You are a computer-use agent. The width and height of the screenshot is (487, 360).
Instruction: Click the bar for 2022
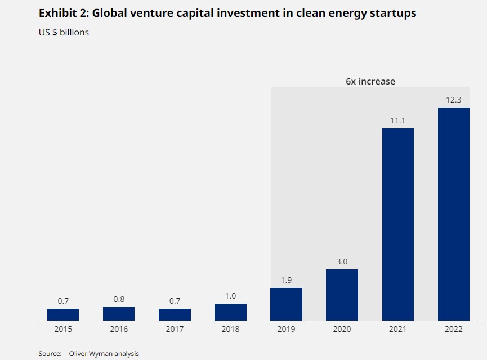(x=453, y=214)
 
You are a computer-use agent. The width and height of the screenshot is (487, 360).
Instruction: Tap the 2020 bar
(x=342, y=295)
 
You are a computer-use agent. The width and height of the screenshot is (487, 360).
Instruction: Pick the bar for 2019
(x=286, y=304)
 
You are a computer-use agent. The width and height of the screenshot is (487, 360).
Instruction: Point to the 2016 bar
(x=119, y=314)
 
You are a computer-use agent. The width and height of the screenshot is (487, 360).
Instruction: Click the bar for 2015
(x=63, y=314)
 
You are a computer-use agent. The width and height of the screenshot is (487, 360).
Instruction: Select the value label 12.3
(x=453, y=100)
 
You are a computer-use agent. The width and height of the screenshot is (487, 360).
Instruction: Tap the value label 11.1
(x=397, y=121)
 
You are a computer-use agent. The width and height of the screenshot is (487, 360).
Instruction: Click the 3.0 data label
(x=342, y=261)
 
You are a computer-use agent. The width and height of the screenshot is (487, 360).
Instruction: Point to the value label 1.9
(x=286, y=280)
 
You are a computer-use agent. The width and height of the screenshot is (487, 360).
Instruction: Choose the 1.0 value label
(x=230, y=296)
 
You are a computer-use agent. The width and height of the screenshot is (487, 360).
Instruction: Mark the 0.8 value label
(x=119, y=299)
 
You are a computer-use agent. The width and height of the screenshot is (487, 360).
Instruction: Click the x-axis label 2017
(x=175, y=329)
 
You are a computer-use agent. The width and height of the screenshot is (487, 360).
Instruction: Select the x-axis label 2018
(x=230, y=329)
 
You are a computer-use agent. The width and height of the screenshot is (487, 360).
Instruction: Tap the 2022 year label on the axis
(x=453, y=329)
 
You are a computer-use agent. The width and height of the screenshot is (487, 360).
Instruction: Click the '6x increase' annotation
(x=370, y=81)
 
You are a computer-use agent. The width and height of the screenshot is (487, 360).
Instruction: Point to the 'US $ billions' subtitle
(x=64, y=32)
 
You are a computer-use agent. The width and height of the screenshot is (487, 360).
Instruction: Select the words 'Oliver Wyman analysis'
(x=104, y=353)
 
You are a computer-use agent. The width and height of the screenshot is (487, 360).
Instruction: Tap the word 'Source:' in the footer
(x=50, y=353)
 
